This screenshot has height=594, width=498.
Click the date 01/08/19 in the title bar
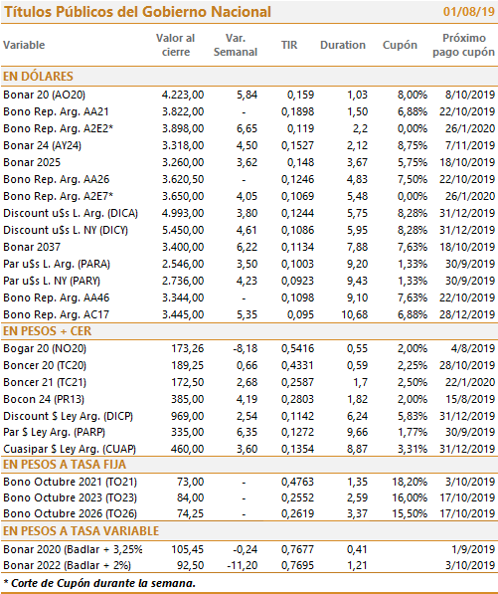[x=468, y=11]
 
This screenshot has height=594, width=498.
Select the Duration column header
[x=343, y=45]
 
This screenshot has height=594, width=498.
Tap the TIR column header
[x=289, y=45]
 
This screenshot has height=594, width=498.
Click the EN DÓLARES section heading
[x=38, y=77]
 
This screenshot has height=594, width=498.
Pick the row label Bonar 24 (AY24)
[x=42, y=145]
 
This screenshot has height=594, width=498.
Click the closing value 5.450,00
[x=183, y=230]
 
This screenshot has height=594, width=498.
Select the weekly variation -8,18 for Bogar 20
[x=246, y=348]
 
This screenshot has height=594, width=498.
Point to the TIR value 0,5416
[x=297, y=348]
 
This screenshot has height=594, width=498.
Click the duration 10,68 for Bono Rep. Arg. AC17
[x=355, y=314]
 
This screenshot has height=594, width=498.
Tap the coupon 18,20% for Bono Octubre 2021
[x=410, y=482]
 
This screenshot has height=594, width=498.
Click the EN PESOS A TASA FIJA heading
[x=65, y=465]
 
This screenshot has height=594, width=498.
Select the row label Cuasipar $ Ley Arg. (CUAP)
[x=70, y=449]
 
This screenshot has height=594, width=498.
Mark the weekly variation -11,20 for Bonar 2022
[x=243, y=565]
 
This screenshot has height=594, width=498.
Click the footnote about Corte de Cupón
[x=99, y=583]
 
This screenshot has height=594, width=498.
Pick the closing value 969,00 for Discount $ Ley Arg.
[x=187, y=416]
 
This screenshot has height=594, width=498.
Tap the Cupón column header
[x=400, y=45]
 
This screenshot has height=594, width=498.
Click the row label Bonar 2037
[x=32, y=247]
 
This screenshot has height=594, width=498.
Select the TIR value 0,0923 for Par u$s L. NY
[x=297, y=281]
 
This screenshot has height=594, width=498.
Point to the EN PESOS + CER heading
[x=48, y=331]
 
